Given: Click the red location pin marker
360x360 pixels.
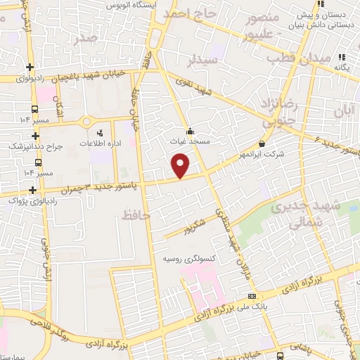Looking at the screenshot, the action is click(181, 166).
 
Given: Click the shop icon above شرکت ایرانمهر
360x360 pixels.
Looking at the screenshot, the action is click(262, 143).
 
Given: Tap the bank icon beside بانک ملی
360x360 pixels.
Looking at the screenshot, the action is click(252, 296).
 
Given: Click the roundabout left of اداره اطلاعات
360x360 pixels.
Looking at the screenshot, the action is click(86, 121).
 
